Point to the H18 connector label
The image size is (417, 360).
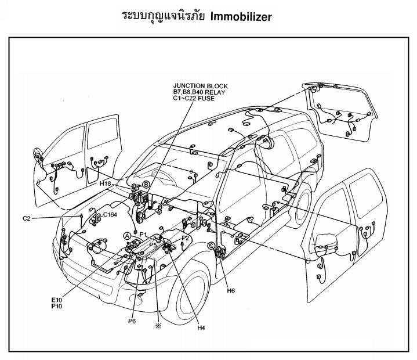point(106,183)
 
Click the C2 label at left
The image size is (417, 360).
point(27,218)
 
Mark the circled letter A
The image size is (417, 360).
point(126,235)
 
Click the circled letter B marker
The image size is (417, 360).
point(146,185)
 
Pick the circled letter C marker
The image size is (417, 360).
point(211,246)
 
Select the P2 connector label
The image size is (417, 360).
point(186,238)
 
